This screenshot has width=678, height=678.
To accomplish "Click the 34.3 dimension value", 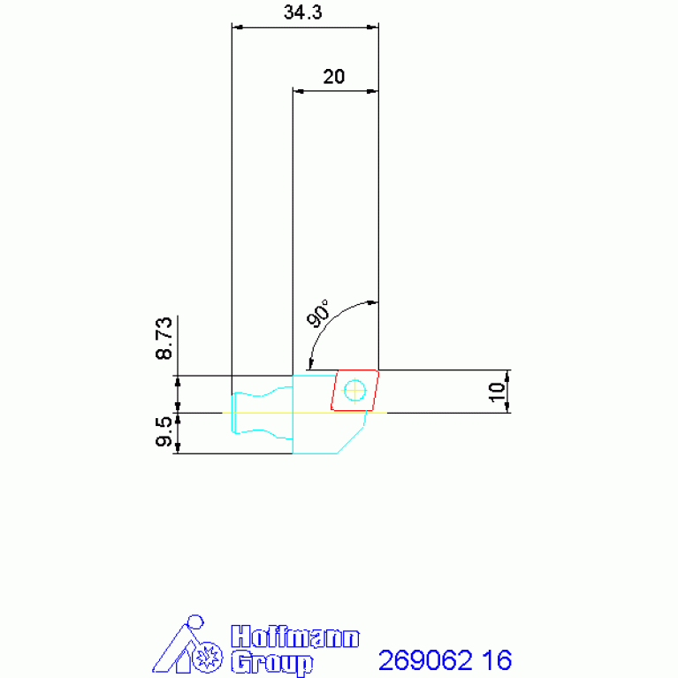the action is coord(302,12).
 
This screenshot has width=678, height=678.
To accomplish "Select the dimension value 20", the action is coord(334,77).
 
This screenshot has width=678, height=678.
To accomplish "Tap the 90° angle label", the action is coord(318,313).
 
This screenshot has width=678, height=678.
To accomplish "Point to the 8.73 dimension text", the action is coord(164,339).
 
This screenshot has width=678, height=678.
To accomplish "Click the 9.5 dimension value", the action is coord(164,431).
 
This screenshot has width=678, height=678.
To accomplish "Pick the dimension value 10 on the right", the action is coord(497,392).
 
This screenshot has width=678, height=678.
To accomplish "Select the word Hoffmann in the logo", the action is coord(295,637).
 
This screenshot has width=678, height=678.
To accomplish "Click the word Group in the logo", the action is coord(271,662).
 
